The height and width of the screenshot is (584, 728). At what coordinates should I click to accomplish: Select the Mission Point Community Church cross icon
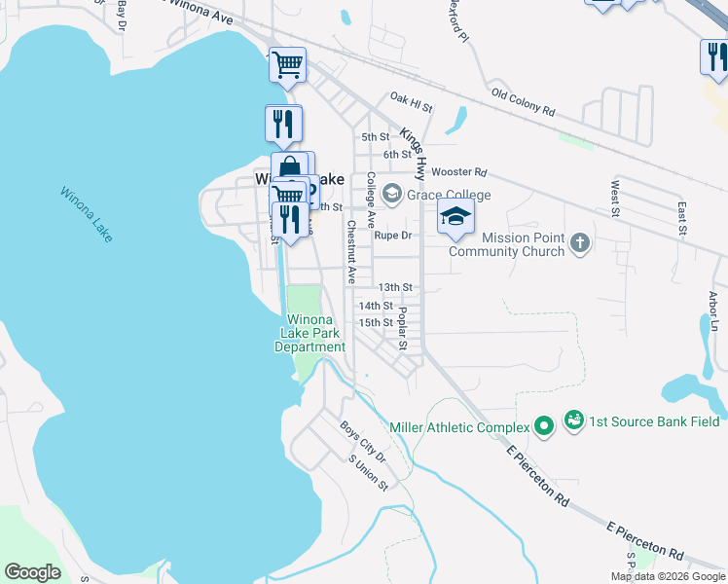pos(580,242)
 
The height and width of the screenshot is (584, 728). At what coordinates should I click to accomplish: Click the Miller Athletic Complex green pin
pos(544,426)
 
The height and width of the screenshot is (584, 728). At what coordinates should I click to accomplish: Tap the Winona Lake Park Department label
pos(309,334)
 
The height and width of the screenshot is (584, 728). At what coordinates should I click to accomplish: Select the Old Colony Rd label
pos(523,102)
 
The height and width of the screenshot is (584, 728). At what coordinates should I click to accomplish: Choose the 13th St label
pos(396,288)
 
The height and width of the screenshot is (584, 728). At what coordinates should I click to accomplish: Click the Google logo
pos(32,572)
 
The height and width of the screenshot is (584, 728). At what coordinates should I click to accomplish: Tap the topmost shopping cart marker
pos(287,65)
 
